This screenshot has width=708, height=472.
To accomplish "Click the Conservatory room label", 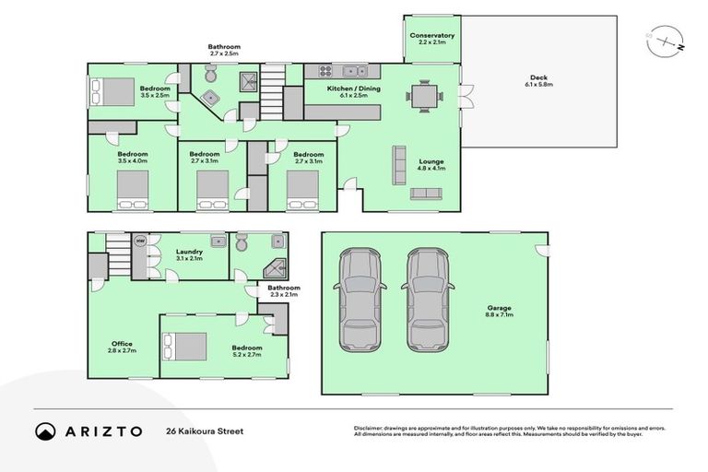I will tap(431, 36).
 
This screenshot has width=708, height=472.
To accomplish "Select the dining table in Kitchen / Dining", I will tap(425, 95).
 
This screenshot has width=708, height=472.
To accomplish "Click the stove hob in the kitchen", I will tap(324, 71).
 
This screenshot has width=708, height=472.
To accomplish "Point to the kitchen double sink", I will tap(354, 71).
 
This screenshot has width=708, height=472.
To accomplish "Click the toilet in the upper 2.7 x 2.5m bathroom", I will tap(210, 97).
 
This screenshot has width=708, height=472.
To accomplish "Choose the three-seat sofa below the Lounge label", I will tap(426, 194).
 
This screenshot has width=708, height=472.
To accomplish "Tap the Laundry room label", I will tap(188, 252).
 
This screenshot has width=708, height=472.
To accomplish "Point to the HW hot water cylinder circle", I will tap(140, 242).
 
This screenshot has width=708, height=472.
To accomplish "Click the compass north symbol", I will tap(666, 42).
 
